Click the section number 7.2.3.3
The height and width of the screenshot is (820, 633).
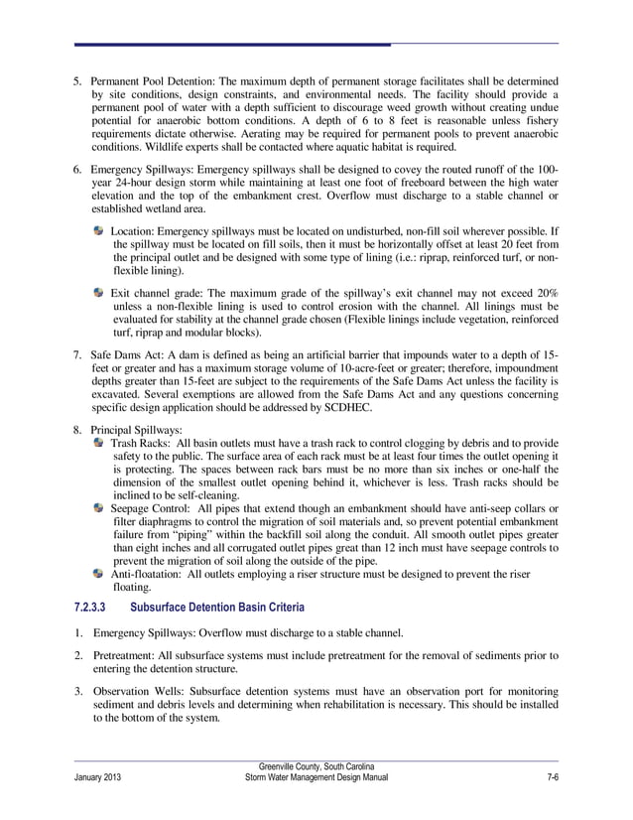click(x=92, y=607)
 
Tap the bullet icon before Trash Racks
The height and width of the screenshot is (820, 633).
click(x=98, y=441)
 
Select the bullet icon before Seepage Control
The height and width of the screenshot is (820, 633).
click(x=98, y=507)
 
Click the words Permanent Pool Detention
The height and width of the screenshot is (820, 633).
click(x=152, y=79)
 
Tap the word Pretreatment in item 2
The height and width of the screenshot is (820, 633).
click(x=125, y=655)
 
